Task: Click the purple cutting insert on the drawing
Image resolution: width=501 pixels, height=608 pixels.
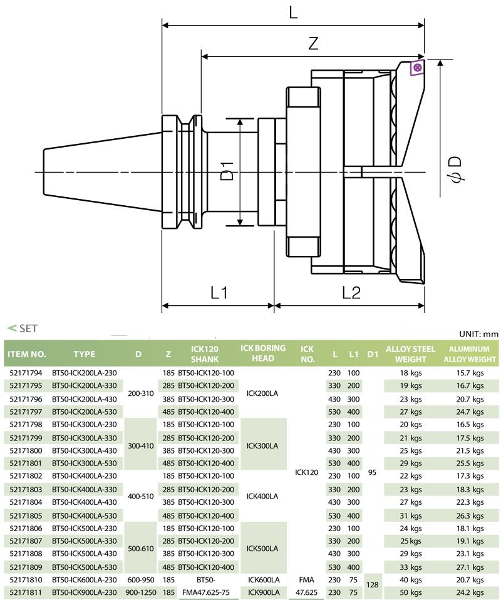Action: tap(417, 68)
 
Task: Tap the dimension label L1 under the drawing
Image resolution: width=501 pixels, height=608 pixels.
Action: tap(219, 292)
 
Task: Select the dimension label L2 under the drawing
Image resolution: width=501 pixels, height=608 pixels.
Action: tap(351, 292)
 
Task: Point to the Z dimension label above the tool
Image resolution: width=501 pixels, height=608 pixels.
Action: tap(313, 43)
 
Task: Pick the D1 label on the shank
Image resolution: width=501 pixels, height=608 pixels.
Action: tap(228, 171)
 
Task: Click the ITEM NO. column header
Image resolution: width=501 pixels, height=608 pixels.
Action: tap(27, 354)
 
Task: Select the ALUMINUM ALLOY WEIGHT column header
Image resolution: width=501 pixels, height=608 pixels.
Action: tap(470, 354)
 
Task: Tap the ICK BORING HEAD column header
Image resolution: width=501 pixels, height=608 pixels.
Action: tap(263, 353)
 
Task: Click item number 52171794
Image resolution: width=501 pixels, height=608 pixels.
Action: tap(26, 373)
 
